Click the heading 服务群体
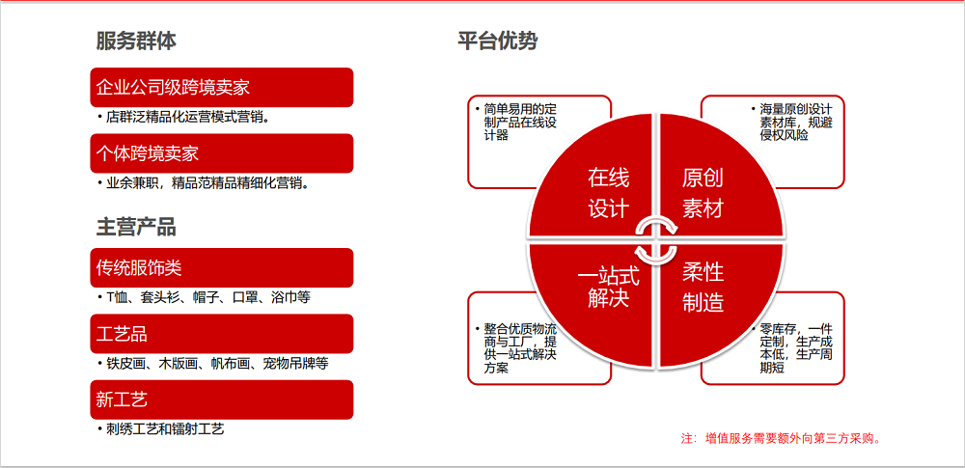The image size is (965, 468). click(x=136, y=41)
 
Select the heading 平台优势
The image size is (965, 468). click(x=497, y=41)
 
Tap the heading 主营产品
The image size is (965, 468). click(x=136, y=227)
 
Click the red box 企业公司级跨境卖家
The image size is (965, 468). click(x=222, y=87)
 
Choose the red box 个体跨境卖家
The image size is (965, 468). click(x=222, y=153)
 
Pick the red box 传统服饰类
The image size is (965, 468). click(x=222, y=267)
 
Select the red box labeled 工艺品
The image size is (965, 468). click(x=222, y=333)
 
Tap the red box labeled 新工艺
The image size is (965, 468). click(x=222, y=399)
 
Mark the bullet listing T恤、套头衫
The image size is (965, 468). click(x=208, y=297)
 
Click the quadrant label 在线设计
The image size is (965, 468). click(x=608, y=193)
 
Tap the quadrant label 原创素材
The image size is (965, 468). click(x=703, y=193)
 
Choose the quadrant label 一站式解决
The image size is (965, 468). click(x=608, y=287)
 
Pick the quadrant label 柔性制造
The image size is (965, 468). click(x=703, y=287)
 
